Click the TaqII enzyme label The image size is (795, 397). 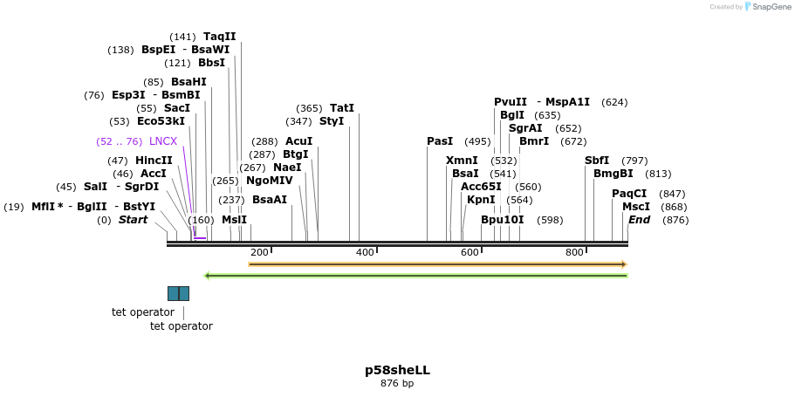point(219,37)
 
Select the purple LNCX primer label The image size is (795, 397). point(163,141)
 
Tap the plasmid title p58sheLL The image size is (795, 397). point(397,370)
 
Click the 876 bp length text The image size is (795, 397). point(397,384)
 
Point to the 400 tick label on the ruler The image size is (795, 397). point(365,252)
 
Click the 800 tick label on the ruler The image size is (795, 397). point(574,252)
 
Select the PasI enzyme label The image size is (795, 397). point(440,141)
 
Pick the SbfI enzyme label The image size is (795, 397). point(597,161)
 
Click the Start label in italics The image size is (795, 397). point(133,220)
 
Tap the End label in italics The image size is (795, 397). point(639,220)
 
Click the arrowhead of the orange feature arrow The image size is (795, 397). point(624,264)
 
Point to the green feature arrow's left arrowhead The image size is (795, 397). point(207,276)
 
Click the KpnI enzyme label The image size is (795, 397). point(481,200)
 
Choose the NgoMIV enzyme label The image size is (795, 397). point(269,181)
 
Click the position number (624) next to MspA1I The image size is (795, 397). point(614,102)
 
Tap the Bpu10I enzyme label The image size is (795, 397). point(503,220)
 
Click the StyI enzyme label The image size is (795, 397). point(332,121)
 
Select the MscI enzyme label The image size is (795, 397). point(636,207)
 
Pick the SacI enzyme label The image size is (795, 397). point(177,108)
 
